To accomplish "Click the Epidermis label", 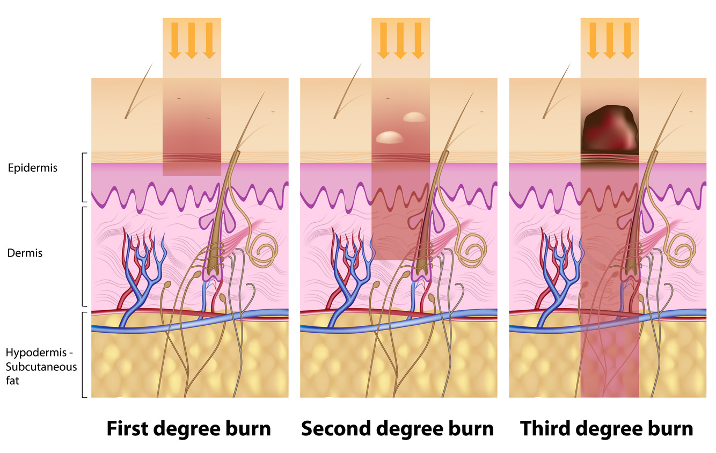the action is click(x=32, y=168).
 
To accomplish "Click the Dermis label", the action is click(x=25, y=253).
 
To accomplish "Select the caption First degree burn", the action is click(x=188, y=429).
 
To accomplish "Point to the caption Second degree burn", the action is click(x=397, y=429).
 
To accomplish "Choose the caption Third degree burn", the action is click(x=607, y=429).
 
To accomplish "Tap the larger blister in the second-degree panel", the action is click(x=390, y=137).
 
